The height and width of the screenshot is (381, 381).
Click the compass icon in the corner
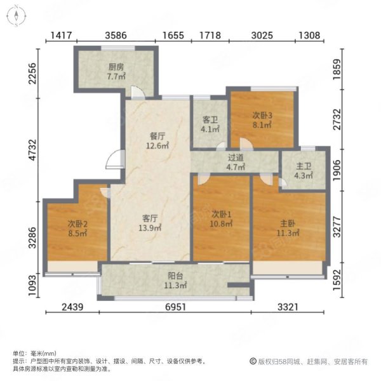[x=16, y=16]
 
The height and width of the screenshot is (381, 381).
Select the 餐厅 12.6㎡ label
[x=157, y=141]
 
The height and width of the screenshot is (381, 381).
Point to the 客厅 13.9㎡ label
[x=150, y=224]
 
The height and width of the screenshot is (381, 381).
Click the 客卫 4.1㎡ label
[x=210, y=124]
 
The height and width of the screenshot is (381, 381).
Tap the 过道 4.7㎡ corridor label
[x=236, y=163]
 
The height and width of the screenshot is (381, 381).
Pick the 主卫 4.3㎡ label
[x=304, y=171]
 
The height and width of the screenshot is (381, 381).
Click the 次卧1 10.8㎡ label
[x=221, y=219]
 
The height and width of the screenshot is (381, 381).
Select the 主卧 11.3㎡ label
[x=288, y=228]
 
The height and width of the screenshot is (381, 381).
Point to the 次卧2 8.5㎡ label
[x=77, y=229]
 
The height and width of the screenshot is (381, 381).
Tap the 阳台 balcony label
[x=175, y=281]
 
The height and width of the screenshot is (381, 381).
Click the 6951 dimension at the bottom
[x=175, y=307]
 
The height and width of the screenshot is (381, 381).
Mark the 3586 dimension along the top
[x=116, y=36]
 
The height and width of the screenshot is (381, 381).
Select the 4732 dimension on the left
[x=32, y=150]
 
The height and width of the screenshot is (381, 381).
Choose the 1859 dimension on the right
[x=337, y=69]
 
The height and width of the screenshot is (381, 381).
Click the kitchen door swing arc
[x=138, y=92]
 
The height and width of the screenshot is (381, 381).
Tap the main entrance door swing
[x=114, y=159]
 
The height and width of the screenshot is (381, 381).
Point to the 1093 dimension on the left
[x=32, y=284]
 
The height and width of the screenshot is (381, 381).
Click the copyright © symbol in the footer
[x=253, y=361]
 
